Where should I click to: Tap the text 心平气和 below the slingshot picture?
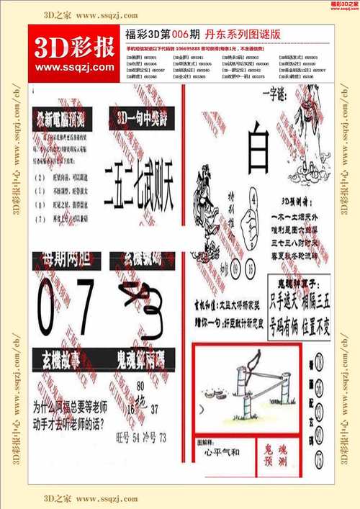pos(222,453)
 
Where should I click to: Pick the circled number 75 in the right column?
pos(319,459)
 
